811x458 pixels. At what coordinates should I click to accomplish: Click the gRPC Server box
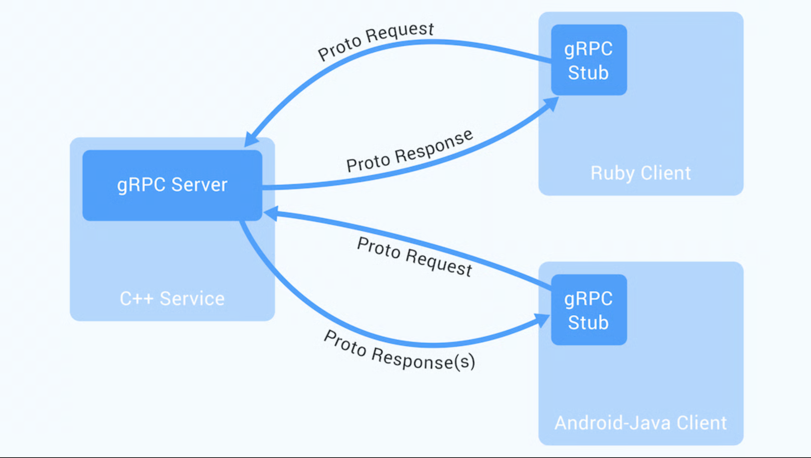[x=172, y=185]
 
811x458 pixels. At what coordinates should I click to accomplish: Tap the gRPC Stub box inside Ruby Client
[x=589, y=60]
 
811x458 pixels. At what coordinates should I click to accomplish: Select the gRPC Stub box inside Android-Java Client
[x=589, y=310]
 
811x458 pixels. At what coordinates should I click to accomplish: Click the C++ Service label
[x=172, y=299]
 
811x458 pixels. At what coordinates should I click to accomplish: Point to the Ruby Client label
[x=640, y=173]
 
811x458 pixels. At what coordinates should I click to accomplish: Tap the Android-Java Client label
[x=640, y=423]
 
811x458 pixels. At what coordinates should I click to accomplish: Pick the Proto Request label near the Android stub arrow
[x=414, y=257]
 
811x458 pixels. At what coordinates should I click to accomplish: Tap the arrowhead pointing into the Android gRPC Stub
[x=542, y=320]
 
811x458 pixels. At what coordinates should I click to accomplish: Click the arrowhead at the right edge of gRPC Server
[x=271, y=213]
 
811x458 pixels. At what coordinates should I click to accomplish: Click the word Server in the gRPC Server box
[x=199, y=185]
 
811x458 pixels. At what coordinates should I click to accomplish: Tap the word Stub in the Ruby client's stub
[x=588, y=73]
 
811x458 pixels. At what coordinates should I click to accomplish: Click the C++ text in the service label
[x=136, y=299]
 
